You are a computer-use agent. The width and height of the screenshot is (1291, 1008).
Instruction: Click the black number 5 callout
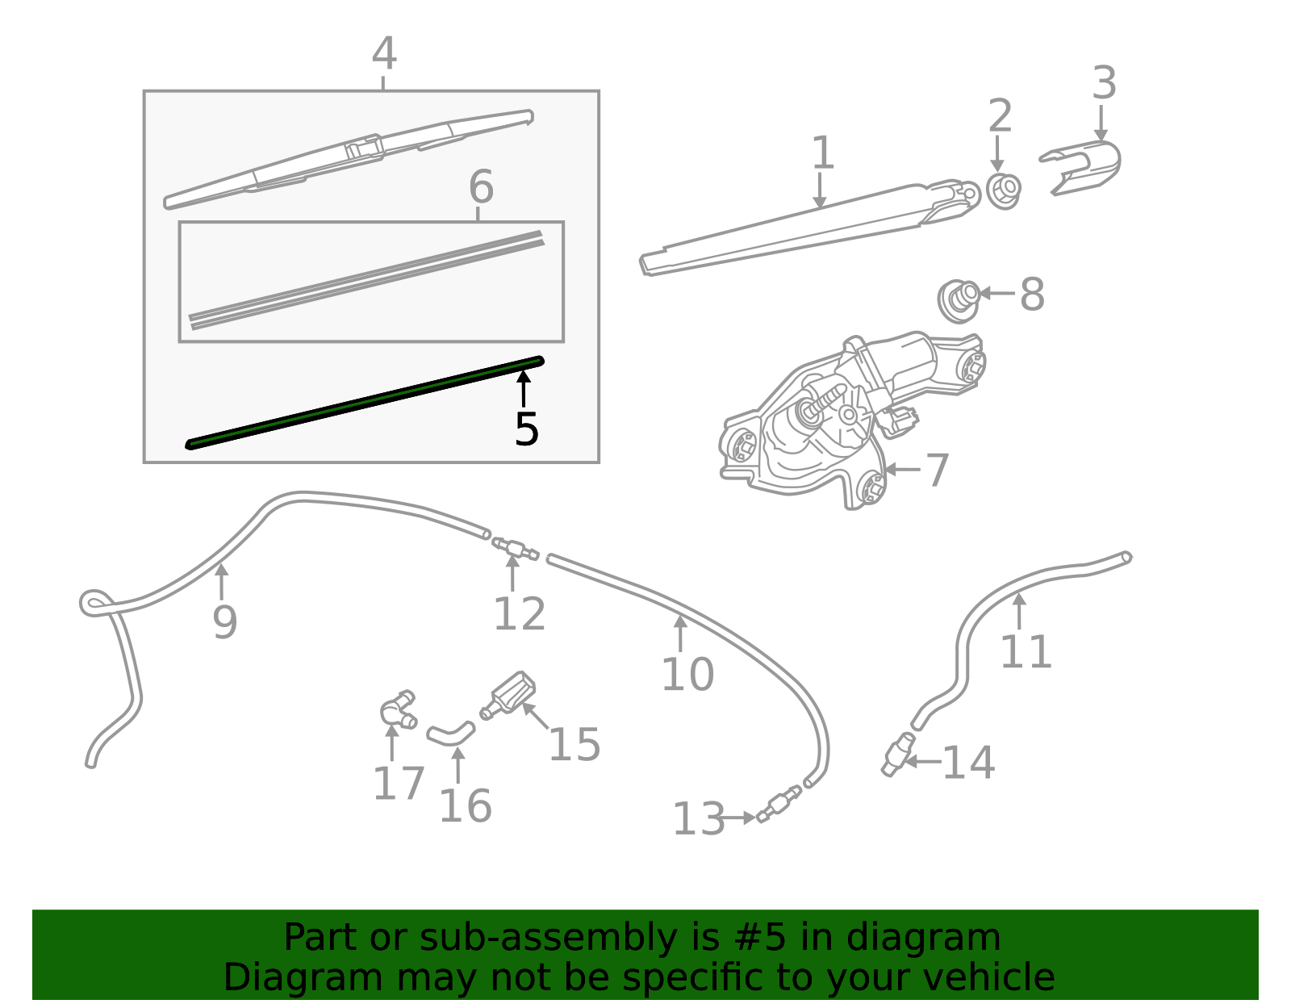526,429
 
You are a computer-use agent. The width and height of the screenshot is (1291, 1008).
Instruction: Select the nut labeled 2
1003,191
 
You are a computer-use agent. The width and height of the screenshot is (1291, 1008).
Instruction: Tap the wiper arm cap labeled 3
1085,165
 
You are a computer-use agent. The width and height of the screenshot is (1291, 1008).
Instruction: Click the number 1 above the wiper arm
821,153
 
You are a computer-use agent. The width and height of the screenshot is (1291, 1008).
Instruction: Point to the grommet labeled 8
959,300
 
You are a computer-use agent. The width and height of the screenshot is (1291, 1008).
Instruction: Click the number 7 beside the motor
936,470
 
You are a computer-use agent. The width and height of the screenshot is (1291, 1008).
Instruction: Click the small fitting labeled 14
896,755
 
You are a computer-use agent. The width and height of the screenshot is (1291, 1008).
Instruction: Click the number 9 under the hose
225,621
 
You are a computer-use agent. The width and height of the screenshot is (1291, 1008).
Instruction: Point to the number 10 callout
687,674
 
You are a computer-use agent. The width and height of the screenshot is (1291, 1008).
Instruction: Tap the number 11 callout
1026,651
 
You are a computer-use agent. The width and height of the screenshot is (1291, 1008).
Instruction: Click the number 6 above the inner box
481,187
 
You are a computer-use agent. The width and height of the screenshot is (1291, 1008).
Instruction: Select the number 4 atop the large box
384,55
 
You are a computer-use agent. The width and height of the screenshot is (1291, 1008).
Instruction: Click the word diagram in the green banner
941,938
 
